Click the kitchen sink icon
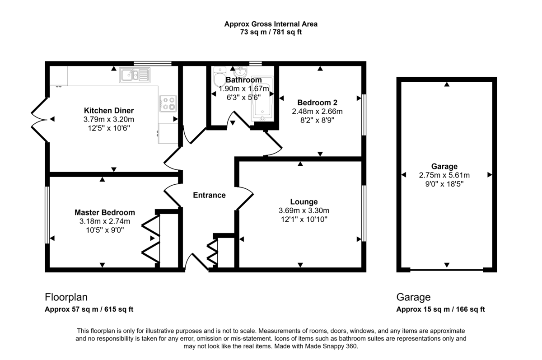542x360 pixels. tap(134, 75)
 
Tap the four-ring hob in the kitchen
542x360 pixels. tap(168, 103)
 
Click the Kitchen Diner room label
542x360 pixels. tap(109, 111)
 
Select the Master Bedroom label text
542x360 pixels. tap(104, 212)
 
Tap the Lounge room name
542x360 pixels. tap(304, 201)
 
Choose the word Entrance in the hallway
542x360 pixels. tap(209, 195)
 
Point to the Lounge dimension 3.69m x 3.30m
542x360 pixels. tap(304, 210)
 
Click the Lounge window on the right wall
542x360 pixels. tap(364, 213)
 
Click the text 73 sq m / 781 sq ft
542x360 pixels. tap(271, 32)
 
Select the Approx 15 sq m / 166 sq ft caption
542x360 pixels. tap(440, 309)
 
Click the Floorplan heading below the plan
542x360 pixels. tap(66, 297)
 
